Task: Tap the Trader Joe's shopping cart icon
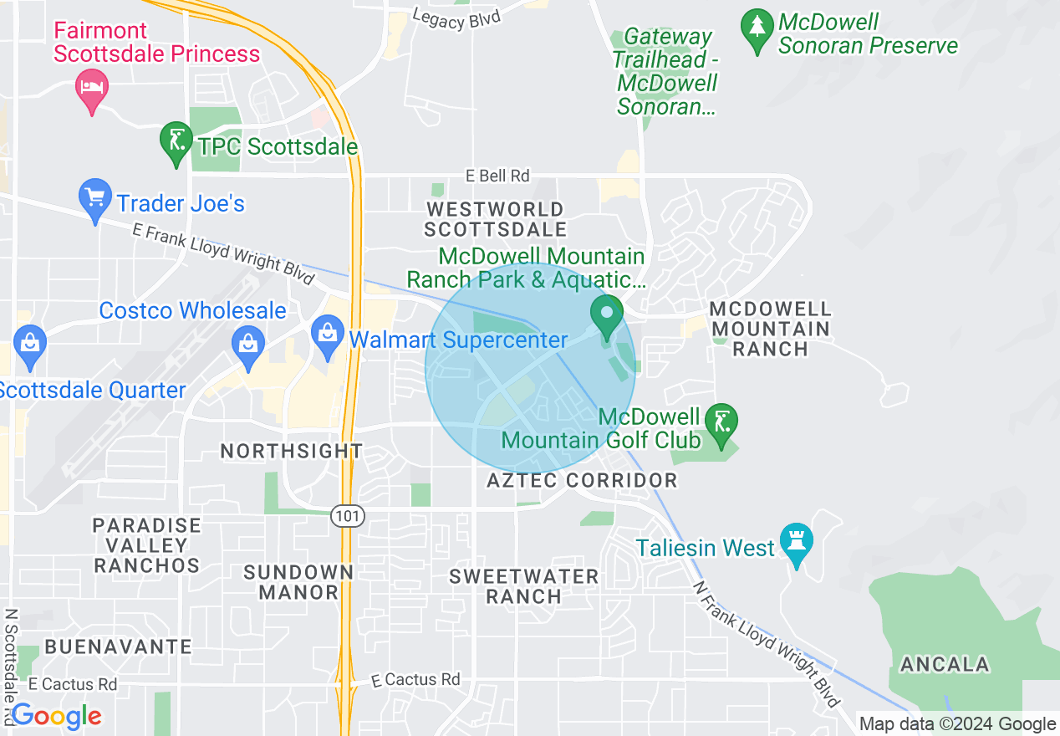point(94,198)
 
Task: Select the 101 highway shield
point(347,516)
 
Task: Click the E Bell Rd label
point(498,176)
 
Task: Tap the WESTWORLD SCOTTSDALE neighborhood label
point(495,219)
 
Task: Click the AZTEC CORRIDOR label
point(582,480)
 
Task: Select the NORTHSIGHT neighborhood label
point(291,451)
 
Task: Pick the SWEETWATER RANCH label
point(524,586)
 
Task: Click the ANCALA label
point(945,665)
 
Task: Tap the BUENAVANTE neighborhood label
point(119,647)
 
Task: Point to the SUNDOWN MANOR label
point(298,582)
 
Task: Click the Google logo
point(56,716)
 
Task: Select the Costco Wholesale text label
point(192,310)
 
